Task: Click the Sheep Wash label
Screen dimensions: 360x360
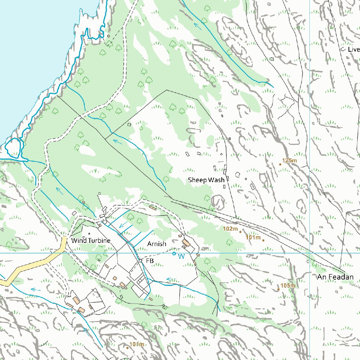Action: tap(206, 180)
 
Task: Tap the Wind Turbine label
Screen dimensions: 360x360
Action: tap(91, 241)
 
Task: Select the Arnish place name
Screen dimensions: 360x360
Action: tap(157, 244)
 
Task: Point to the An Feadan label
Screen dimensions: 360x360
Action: tap(335, 277)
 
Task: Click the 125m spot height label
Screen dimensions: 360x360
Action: tap(290, 161)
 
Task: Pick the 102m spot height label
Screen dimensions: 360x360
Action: tap(231, 229)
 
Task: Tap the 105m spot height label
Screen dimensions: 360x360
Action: tap(288, 285)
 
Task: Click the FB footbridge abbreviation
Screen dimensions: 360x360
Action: tap(150, 261)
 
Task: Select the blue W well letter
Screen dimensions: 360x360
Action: tap(181, 257)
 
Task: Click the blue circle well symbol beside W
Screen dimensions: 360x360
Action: tap(174, 253)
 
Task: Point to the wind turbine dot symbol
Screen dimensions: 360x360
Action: tap(89, 233)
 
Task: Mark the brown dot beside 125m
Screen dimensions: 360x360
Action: tap(280, 164)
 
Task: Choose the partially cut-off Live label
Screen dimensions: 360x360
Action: tap(353, 50)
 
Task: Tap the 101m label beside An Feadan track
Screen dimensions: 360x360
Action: tap(253, 238)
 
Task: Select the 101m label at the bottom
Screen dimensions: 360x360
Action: tap(137, 344)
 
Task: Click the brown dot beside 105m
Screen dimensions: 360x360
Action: tap(278, 289)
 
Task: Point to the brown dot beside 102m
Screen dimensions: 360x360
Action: tap(240, 232)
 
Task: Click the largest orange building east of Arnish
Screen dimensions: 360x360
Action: tap(186, 243)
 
